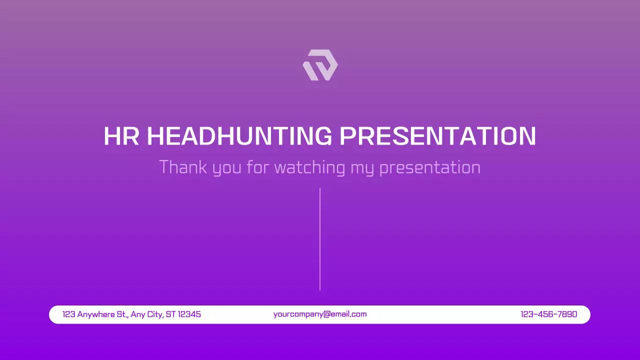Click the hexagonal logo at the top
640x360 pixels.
320,65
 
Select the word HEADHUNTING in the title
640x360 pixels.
239,136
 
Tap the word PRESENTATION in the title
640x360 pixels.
437,136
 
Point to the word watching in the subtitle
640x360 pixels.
310,167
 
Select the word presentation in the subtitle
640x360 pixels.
430,167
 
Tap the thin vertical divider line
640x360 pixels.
320,239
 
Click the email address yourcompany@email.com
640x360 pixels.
320,314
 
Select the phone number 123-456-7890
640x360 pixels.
548,314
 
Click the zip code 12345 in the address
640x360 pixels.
189,314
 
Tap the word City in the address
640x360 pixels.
155,314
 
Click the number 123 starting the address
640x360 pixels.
69,314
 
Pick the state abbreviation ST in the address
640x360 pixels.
171,314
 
